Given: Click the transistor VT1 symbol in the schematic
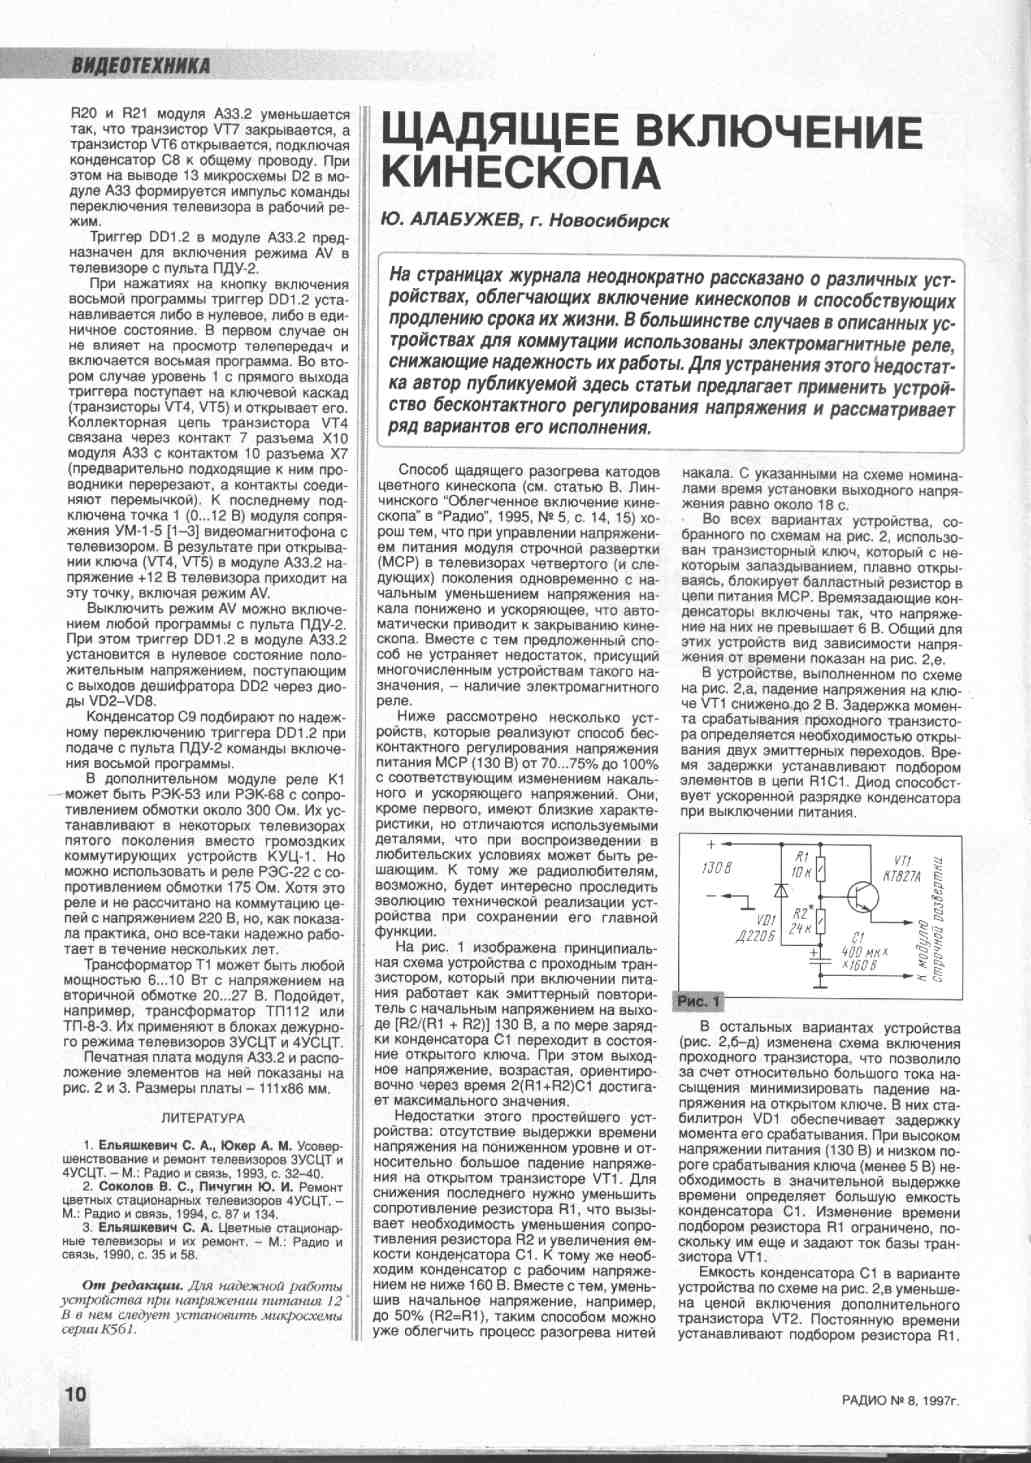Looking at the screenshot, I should point(861,896).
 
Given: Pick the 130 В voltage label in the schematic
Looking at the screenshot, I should point(716,866).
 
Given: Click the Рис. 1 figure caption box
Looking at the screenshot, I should point(699,1001).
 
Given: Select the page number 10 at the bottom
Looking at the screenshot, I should point(75,1394).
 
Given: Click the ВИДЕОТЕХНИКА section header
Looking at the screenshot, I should point(140,67).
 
